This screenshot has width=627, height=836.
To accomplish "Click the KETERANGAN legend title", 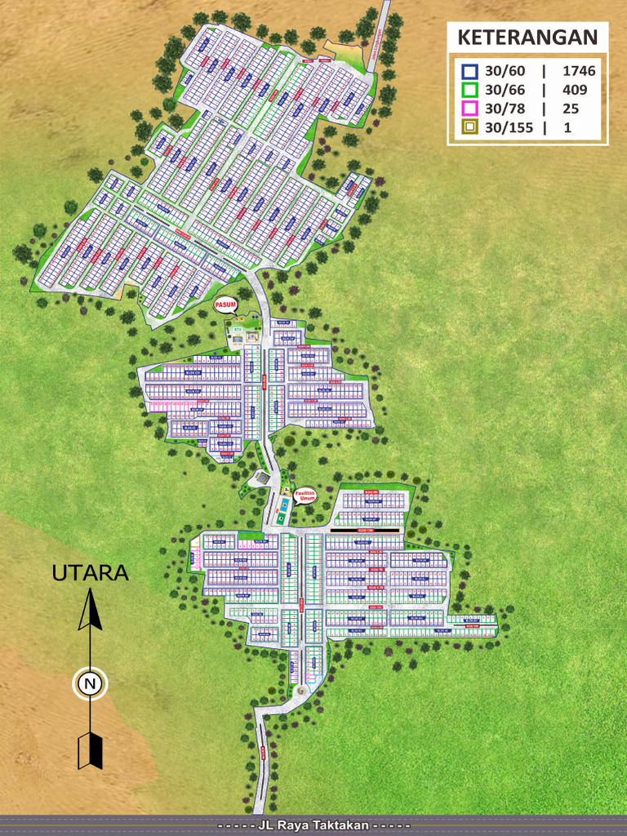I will tap(527, 38).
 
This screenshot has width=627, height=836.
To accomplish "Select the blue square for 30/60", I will tap(469, 72).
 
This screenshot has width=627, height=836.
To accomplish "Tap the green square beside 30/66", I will tap(469, 90).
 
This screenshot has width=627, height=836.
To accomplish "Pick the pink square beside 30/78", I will tap(469, 108).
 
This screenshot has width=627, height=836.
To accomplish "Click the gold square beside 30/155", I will tap(469, 127).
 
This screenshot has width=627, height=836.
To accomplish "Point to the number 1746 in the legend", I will tap(580, 72).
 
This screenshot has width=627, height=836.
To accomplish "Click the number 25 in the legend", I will tap(571, 108).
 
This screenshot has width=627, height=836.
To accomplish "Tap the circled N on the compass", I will tap(90, 683).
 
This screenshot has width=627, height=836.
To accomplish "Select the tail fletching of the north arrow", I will tap(90, 750).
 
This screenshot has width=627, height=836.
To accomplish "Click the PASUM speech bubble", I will tap(225, 306).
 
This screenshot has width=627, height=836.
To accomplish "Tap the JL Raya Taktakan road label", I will tap(313, 826).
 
